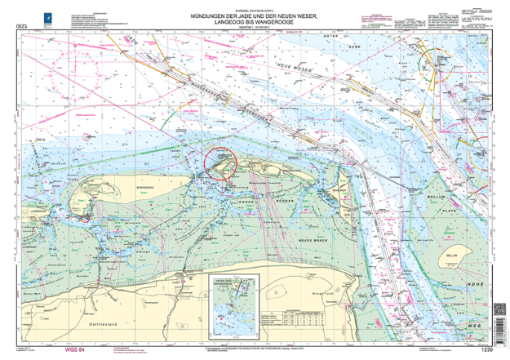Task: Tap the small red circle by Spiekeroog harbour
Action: [86, 217]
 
